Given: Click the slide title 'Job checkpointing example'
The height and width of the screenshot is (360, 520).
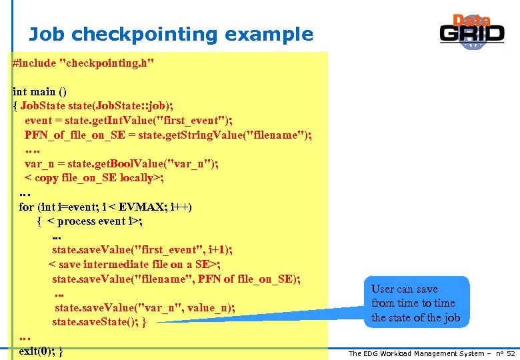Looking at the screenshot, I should coord(171,35).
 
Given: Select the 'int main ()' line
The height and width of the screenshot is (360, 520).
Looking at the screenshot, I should coord(39,91).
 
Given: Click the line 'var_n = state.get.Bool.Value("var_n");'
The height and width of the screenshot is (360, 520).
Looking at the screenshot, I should coord(121,163).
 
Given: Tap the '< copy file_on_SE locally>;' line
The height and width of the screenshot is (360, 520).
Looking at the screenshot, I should coord(94,178).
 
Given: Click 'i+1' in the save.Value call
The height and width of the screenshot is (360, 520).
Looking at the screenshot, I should coord(217,250).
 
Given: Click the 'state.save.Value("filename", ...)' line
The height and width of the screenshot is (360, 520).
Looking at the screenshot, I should coord(176,279).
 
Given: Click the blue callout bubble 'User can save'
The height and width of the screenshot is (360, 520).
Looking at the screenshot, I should coord(415,303).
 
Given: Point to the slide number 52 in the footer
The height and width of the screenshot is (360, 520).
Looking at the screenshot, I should coord(511,353).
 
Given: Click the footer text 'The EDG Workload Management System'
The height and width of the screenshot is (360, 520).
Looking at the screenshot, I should coord(416,353).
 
